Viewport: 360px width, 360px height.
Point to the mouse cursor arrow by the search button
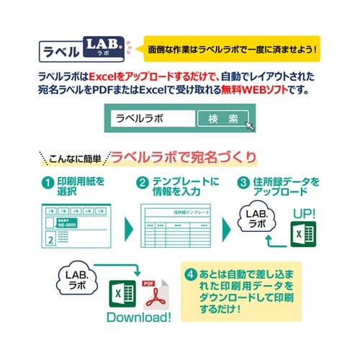249,126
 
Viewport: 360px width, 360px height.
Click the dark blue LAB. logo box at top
105,48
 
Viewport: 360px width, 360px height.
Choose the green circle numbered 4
191,274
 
